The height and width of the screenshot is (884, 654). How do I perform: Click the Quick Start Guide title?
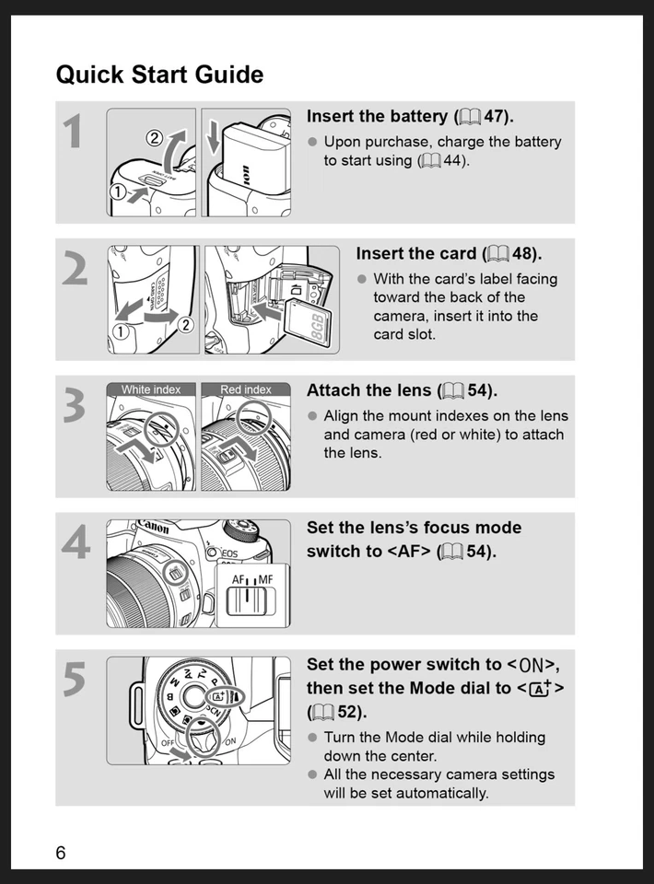click(159, 75)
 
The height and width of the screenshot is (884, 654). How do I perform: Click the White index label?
click(151, 390)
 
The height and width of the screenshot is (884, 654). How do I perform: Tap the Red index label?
click(246, 390)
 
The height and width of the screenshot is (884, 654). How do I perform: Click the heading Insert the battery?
click(410, 117)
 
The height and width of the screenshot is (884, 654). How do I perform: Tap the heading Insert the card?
click(449, 253)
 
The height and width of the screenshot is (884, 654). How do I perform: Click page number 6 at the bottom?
click(61, 853)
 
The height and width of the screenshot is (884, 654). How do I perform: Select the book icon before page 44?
click(430, 161)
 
